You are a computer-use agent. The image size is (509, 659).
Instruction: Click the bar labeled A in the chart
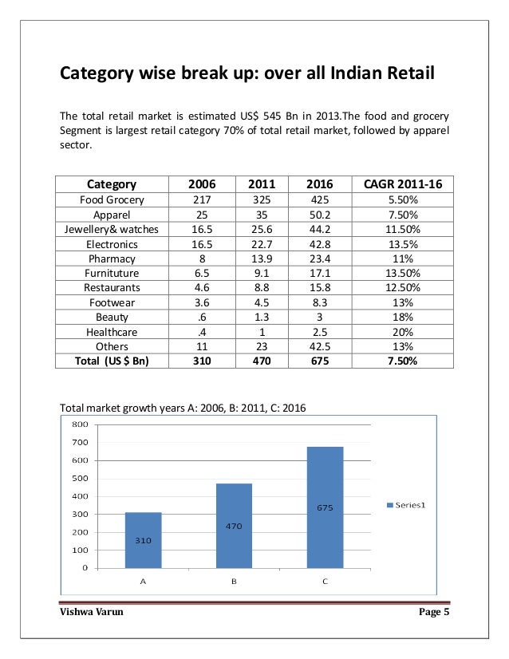(x=143, y=540)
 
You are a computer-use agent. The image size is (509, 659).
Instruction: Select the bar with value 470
(x=234, y=526)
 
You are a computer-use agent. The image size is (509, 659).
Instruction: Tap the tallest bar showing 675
(x=325, y=507)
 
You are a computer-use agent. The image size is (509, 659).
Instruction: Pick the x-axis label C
(x=325, y=582)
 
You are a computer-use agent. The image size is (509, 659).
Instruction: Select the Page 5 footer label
(x=434, y=613)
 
